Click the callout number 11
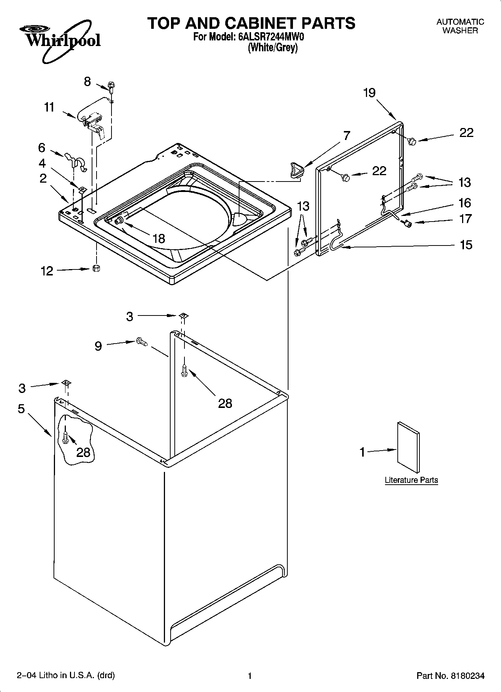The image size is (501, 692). click(49, 107)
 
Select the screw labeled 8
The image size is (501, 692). click(111, 86)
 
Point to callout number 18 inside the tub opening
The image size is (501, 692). click(159, 238)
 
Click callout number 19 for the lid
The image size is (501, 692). click(369, 93)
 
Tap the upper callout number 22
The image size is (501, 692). click(466, 132)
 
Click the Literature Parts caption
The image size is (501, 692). click(411, 480)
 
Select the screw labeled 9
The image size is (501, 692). click(141, 341)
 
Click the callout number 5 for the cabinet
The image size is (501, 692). click(21, 409)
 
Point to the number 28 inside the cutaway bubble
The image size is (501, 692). click(83, 452)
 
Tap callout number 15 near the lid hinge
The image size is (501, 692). click(466, 245)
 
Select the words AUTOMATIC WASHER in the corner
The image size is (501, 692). click(460, 26)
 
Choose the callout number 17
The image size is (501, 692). click(465, 219)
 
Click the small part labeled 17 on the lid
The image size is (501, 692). click(407, 223)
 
